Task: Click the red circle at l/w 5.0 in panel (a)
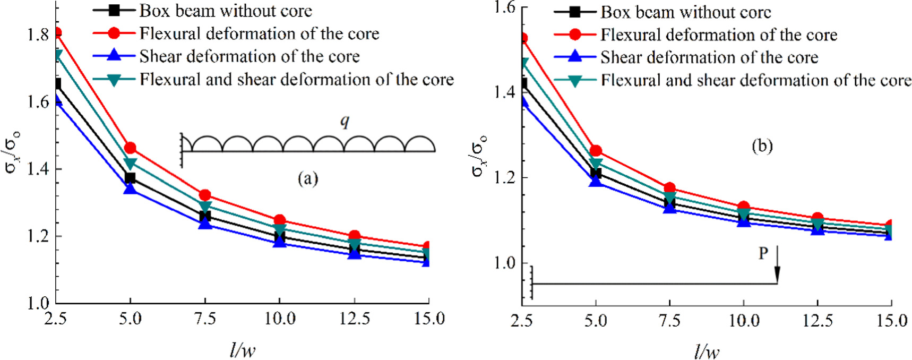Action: click(x=130, y=148)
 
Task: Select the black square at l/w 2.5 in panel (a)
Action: click(x=56, y=84)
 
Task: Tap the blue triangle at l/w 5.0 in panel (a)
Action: click(x=130, y=187)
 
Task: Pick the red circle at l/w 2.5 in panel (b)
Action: click(x=522, y=38)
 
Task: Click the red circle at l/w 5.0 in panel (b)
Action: click(x=596, y=151)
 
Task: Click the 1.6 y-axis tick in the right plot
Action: click(x=504, y=7)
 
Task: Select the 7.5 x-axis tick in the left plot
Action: click(x=205, y=319)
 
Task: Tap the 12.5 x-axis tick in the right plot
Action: click(x=818, y=321)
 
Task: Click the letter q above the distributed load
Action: click(x=345, y=122)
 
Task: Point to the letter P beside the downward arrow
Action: click(x=763, y=254)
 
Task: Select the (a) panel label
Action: click(x=308, y=179)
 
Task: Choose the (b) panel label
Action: click(x=762, y=146)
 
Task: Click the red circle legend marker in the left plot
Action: click(x=114, y=33)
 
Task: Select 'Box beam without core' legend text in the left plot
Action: click(x=226, y=11)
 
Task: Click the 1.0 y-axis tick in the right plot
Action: click(x=504, y=263)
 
